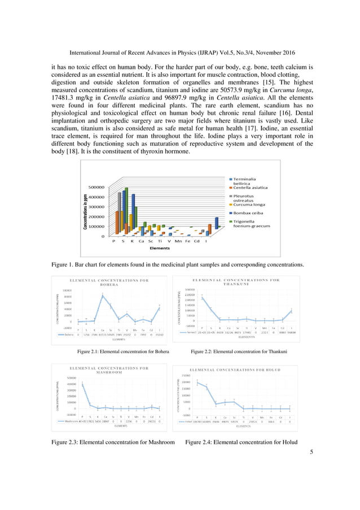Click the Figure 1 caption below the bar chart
point(178,265)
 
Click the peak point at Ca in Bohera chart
point(102,295)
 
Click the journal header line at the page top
point(179,53)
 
